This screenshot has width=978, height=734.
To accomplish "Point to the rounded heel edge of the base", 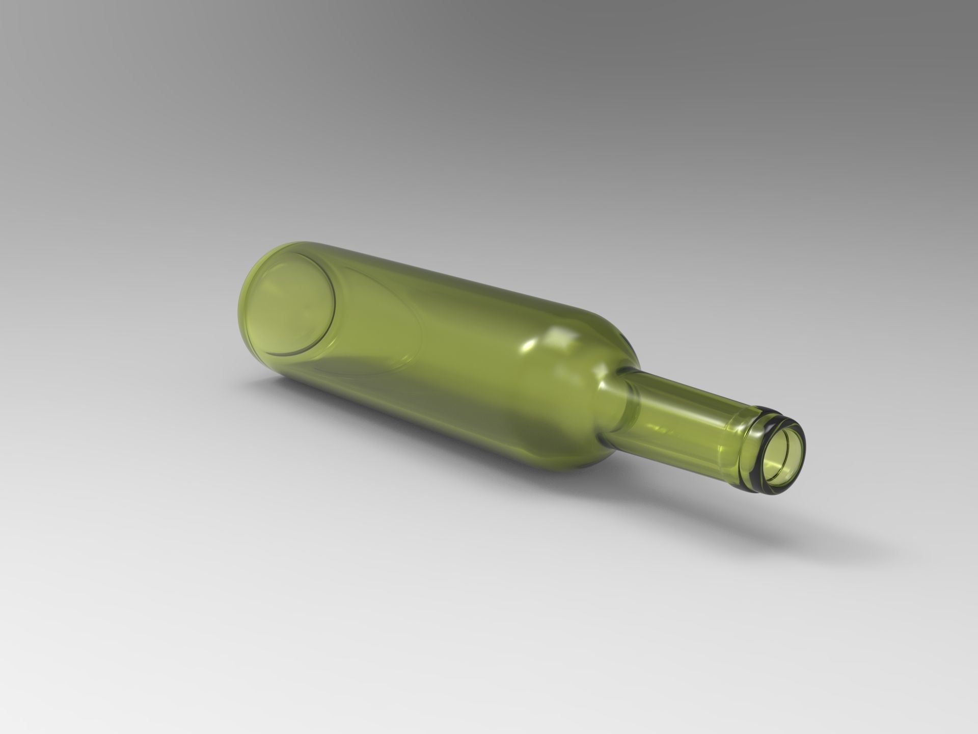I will coord(244,326).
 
